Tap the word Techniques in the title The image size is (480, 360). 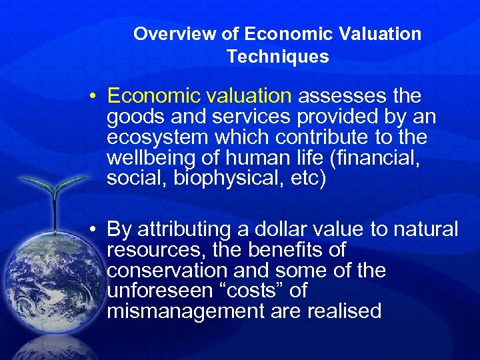coord(277,57)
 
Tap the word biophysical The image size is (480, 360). coord(210,179)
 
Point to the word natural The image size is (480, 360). coord(425,230)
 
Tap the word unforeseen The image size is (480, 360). coord(152,291)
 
